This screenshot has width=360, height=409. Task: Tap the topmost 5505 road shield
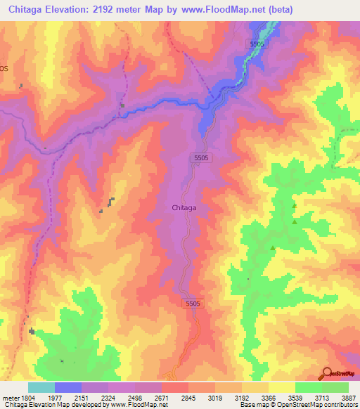[258, 44]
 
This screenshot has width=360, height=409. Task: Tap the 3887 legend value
[348, 397]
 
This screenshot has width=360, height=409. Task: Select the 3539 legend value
[295, 397]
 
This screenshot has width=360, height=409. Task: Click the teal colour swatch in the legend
[41, 387]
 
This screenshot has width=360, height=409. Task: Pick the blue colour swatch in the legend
[68, 387]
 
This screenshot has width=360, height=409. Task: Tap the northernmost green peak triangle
[294, 205]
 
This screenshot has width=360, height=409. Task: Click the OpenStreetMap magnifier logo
[328, 373]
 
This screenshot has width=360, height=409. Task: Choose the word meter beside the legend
[10, 397]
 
